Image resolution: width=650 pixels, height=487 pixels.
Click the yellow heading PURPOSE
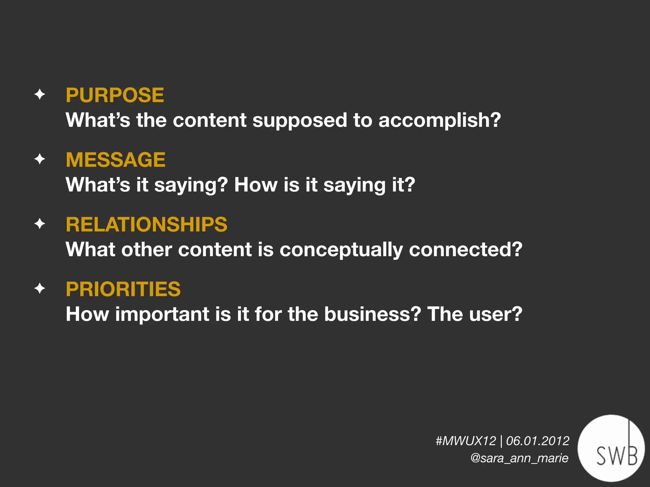115,95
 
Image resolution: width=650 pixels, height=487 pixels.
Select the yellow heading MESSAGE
116,160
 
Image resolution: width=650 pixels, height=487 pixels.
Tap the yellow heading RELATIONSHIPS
146,224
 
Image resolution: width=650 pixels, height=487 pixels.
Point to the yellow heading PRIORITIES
123,289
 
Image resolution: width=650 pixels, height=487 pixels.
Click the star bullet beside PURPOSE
40,94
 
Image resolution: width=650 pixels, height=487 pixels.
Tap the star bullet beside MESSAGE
40,159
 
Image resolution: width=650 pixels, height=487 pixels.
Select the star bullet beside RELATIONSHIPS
40,224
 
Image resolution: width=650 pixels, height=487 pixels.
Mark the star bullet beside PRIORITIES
40,289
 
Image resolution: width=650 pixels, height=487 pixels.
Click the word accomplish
439,120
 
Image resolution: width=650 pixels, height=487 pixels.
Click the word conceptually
341,250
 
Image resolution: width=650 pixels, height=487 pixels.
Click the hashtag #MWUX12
466,441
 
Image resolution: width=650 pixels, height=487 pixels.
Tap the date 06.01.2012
538,441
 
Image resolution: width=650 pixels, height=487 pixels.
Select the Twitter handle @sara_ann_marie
519,458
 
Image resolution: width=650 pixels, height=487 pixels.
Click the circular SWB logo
611,448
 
